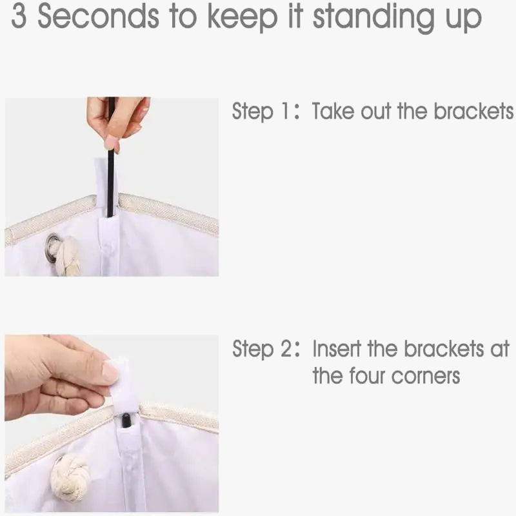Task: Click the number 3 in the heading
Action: pos(19,17)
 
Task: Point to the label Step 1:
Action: pos(266,111)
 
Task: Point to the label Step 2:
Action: pos(266,348)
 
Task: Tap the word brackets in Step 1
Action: pos(473,110)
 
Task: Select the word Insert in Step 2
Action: pos(336,348)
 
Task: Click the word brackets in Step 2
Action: pos(444,348)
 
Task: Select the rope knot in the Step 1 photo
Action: pos(68,255)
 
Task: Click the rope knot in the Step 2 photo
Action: pos(70,476)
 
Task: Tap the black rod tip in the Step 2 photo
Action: pos(126,421)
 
